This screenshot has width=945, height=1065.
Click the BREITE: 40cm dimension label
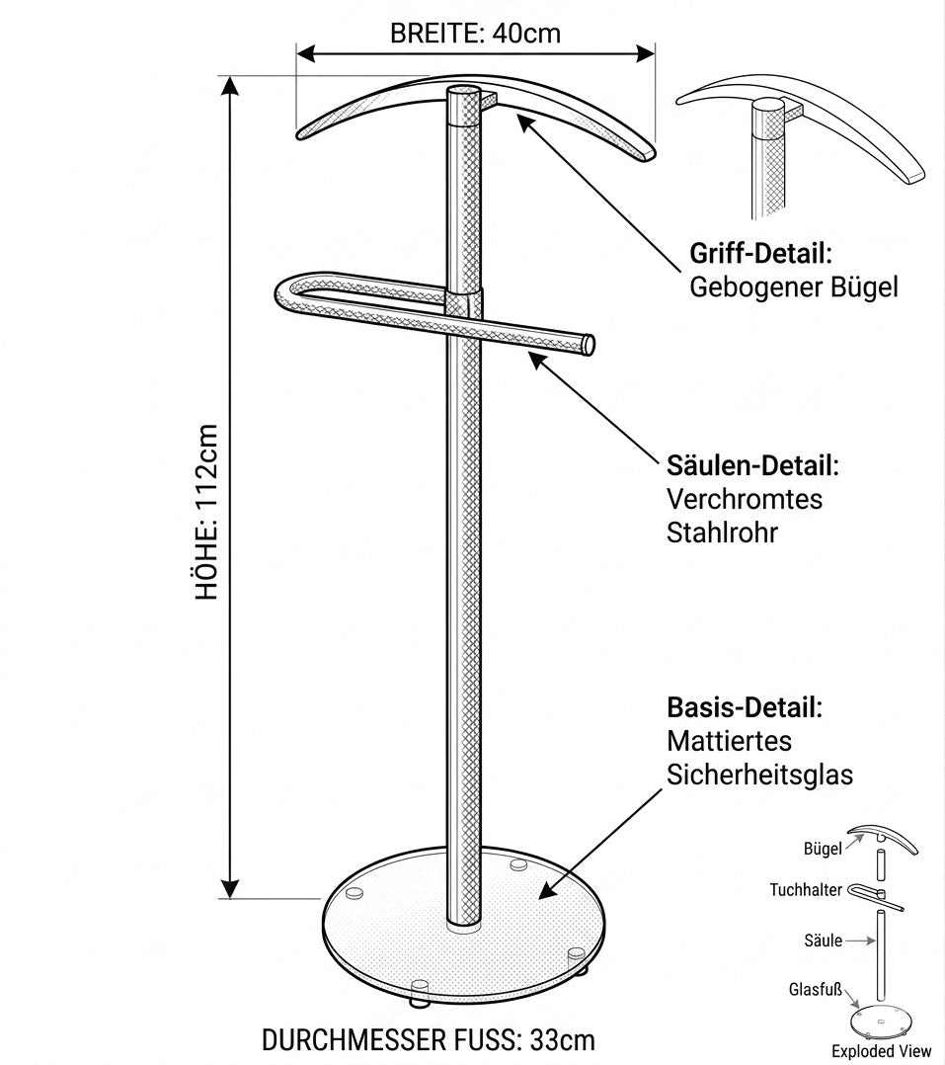click(475, 33)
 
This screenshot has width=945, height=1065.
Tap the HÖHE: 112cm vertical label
click(207, 512)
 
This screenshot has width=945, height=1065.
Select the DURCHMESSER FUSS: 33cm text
click(429, 1040)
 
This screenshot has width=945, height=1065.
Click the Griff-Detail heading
click(761, 253)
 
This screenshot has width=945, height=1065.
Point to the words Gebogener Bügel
click(794, 287)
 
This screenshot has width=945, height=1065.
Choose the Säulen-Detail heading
click(752, 466)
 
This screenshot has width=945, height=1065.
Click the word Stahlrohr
click(722, 532)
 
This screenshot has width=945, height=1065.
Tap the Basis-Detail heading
click(745, 707)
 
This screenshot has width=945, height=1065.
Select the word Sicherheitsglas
click(759, 775)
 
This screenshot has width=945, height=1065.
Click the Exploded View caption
click(881, 1051)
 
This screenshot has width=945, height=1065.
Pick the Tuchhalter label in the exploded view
click(806, 890)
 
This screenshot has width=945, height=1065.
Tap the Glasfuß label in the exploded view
click(816, 989)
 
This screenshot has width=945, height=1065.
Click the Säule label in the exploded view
click(823, 941)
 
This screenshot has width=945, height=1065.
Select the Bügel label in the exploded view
click(823, 849)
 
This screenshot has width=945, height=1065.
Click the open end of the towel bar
click(589, 345)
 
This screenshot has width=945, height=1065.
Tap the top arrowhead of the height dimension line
click(231, 86)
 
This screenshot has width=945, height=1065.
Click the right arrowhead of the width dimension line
click(645, 53)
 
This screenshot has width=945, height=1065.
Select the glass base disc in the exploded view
click(881, 1023)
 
